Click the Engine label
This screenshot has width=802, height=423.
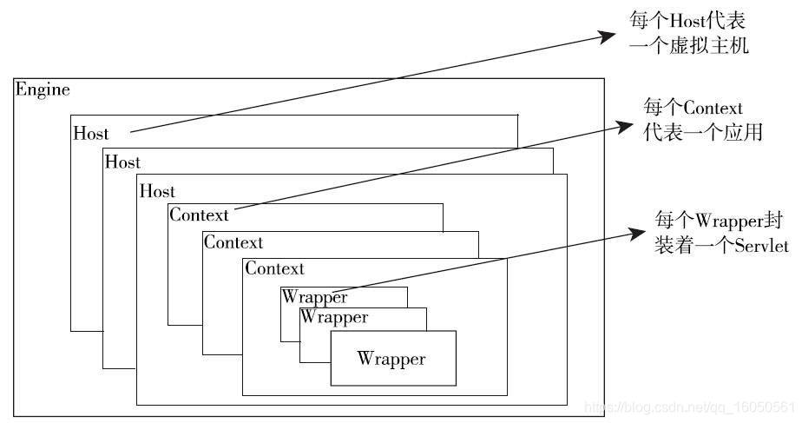click(x=43, y=89)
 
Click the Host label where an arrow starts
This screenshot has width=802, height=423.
click(x=91, y=134)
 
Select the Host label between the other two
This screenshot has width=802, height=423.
click(x=122, y=162)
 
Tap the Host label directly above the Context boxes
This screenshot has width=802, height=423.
click(x=157, y=191)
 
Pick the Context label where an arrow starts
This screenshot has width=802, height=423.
click(x=199, y=215)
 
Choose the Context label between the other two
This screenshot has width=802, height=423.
click(x=233, y=242)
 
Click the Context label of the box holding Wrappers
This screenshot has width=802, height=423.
click(x=274, y=268)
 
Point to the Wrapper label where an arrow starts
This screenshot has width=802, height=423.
click(x=314, y=297)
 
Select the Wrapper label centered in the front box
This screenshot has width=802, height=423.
click(x=391, y=359)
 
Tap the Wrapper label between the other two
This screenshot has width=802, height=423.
click(x=333, y=318)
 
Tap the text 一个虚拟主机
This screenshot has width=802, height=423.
click(x=687, y=45)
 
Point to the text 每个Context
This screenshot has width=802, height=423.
click(x=694, y=109)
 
